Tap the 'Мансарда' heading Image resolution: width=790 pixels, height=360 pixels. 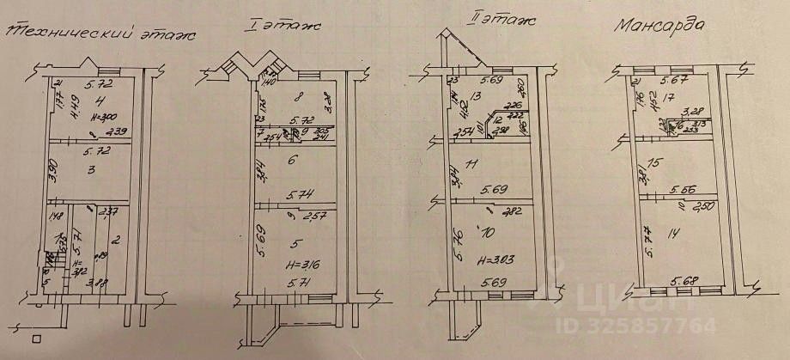[659, 25]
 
